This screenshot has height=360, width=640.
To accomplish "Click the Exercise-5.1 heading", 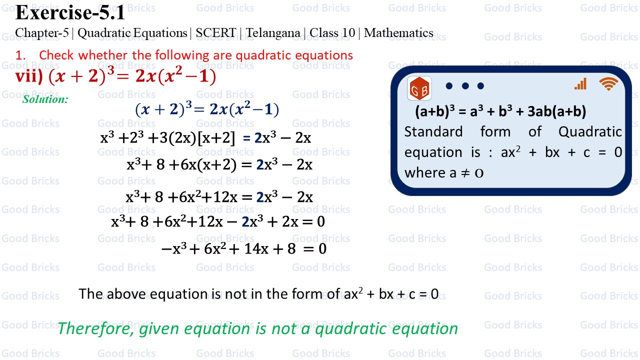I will pos(70,13).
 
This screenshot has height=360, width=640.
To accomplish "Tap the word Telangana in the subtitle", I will pos(274,33).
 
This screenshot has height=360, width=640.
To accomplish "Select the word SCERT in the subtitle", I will pos(215,33).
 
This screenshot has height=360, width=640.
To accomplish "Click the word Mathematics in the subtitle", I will pos(398,33).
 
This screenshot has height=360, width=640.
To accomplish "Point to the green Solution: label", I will pos(45,99).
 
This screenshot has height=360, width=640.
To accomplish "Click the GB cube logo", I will pos(419,88).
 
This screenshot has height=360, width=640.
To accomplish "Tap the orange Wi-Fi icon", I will pos(608,84).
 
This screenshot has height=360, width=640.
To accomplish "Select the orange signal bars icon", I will pos(580,84).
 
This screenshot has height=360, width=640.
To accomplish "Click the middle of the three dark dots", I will pos(465,86).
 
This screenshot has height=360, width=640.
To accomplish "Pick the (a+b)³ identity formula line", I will pos(500,111).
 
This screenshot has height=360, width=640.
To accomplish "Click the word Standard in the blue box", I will pos(433,132).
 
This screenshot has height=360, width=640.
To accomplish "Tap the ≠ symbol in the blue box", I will pos(465,173).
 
